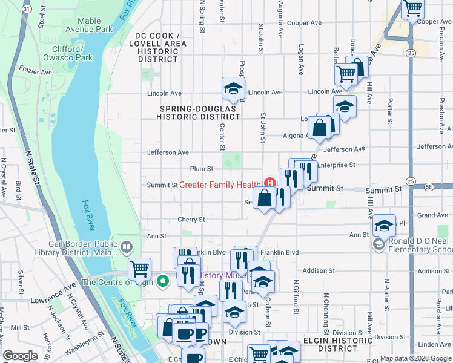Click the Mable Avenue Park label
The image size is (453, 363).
point(89,25)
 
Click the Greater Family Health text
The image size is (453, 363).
point(220,185)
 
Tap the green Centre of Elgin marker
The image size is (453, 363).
point(162,281)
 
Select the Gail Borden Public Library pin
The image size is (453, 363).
point(126,246)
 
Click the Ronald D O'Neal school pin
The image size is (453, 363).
point(379,243)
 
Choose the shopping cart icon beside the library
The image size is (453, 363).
point(139,267)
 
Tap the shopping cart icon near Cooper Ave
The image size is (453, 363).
point(412,8)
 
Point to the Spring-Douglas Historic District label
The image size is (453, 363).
point(198,113)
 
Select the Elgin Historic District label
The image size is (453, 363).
point(333,344)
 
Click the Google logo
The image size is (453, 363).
point(21,356)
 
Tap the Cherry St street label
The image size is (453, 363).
point(192,220)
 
